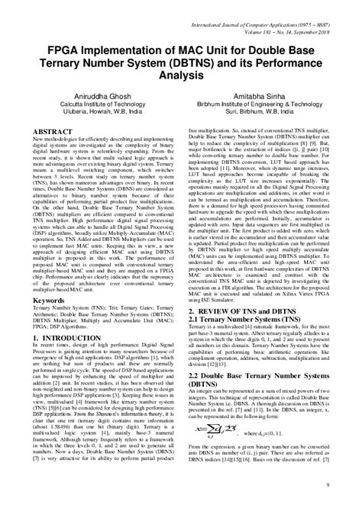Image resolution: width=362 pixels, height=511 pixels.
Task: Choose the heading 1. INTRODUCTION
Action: [x=62, y=338]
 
